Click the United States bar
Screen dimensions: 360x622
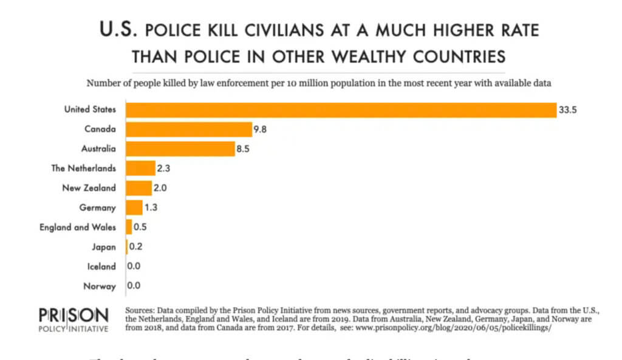coord(341,110)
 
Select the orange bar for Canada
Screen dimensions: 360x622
coord(189,129)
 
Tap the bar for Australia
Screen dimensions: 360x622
coord(180,149)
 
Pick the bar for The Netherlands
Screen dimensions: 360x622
coord(140,168)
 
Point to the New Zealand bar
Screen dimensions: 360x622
coord(138,188)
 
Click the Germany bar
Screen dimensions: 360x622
coord(134,208)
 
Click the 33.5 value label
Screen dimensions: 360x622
coord(567,110)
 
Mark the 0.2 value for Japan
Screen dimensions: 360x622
coord(135,246)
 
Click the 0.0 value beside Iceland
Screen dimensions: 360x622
coord(134,266)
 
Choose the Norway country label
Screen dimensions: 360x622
coord(100,285)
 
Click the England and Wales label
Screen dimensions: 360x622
coord(78,227)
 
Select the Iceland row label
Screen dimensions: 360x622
coord(101,266)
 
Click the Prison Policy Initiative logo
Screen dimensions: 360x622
coord(73,320)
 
